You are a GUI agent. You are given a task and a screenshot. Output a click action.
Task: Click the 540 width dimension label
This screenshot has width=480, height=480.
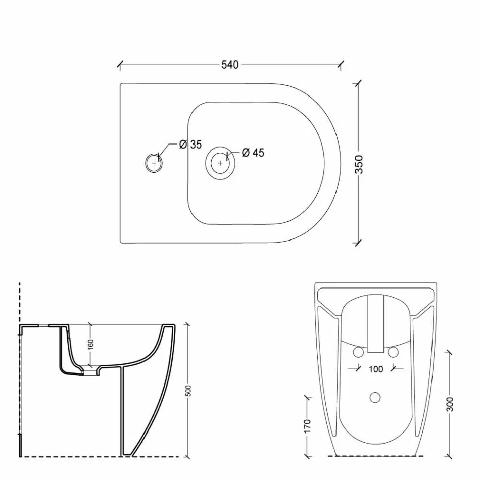230,65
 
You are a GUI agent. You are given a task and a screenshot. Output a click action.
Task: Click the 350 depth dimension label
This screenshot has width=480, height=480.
359,164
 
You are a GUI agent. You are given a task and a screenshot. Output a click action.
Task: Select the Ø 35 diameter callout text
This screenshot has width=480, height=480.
190,145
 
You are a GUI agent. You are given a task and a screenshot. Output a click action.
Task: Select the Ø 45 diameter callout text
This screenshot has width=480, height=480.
253,153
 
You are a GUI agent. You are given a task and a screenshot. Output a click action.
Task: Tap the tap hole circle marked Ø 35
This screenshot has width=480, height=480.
154,163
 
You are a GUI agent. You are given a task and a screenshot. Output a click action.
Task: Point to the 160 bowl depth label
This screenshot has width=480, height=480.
90,345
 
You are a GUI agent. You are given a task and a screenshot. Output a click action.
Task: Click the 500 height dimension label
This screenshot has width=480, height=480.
188,392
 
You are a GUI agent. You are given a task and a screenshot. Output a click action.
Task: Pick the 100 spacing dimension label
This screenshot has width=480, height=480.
375,369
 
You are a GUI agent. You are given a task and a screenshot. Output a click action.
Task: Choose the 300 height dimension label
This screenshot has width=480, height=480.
450,404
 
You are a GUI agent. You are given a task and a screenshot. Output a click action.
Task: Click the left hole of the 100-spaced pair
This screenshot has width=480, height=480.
357,352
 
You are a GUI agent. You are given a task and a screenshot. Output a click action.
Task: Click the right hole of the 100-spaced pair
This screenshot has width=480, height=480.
394,352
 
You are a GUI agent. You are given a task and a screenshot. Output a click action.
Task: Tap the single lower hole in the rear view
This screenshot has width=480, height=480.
375,397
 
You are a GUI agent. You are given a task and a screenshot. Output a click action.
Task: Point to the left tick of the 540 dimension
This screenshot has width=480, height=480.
120,65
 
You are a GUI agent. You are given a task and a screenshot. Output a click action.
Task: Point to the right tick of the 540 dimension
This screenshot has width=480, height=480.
342,65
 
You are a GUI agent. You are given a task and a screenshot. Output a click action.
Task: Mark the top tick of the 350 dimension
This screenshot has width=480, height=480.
358,84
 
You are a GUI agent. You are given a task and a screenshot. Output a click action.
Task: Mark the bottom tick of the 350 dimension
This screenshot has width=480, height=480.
358,243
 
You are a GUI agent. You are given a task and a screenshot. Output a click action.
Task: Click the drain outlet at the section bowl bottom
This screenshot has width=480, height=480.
90,372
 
